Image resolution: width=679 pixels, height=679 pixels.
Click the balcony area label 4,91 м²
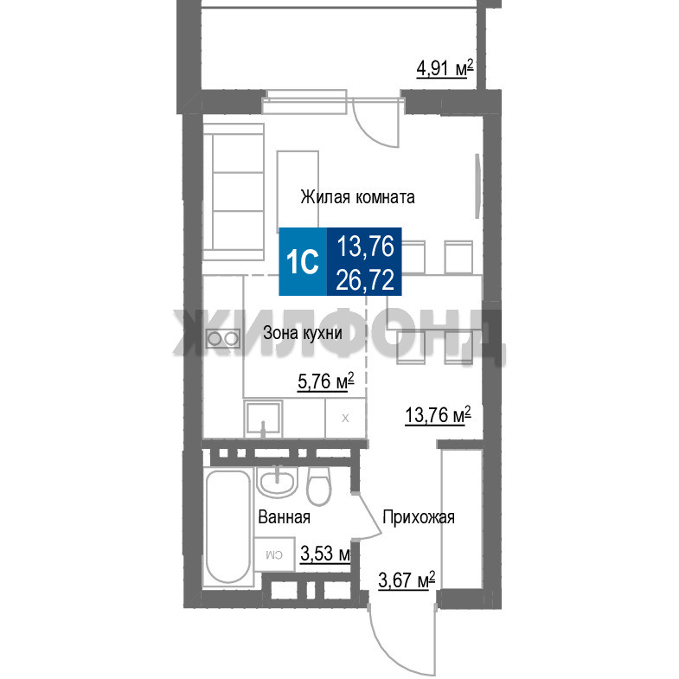445,69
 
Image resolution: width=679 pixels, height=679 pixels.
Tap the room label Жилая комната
358,197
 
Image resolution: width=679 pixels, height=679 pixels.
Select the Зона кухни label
303,332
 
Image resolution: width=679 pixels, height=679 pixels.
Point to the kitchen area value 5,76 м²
325,381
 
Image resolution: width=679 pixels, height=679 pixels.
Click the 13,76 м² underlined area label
438,415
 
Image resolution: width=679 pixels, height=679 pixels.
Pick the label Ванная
284,517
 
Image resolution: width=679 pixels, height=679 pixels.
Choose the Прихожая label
419,517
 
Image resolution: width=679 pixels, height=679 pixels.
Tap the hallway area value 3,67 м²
407,580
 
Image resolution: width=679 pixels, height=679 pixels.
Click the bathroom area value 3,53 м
324,554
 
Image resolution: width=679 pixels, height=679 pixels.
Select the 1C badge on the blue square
303,261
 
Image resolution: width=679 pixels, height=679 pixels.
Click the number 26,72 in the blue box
365,279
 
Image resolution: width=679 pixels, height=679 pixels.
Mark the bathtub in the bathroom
227,528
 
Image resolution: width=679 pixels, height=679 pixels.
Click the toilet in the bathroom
318,486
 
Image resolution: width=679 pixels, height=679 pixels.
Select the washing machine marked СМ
274,554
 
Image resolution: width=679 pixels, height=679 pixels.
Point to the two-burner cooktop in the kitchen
223,338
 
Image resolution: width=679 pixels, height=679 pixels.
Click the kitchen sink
263,419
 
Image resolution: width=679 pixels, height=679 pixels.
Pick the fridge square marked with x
345,419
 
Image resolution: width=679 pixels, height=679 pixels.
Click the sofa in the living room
234,191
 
